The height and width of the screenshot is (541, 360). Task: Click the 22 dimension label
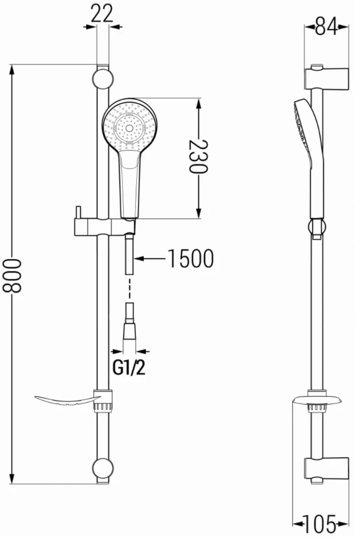103,14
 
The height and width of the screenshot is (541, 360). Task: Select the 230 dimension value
199,156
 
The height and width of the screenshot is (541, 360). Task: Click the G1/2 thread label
129,368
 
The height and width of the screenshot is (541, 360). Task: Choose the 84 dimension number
326,27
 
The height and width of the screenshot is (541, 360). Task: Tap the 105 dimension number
319,524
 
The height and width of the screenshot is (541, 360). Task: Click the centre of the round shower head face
130,128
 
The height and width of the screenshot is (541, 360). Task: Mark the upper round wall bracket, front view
103,79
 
